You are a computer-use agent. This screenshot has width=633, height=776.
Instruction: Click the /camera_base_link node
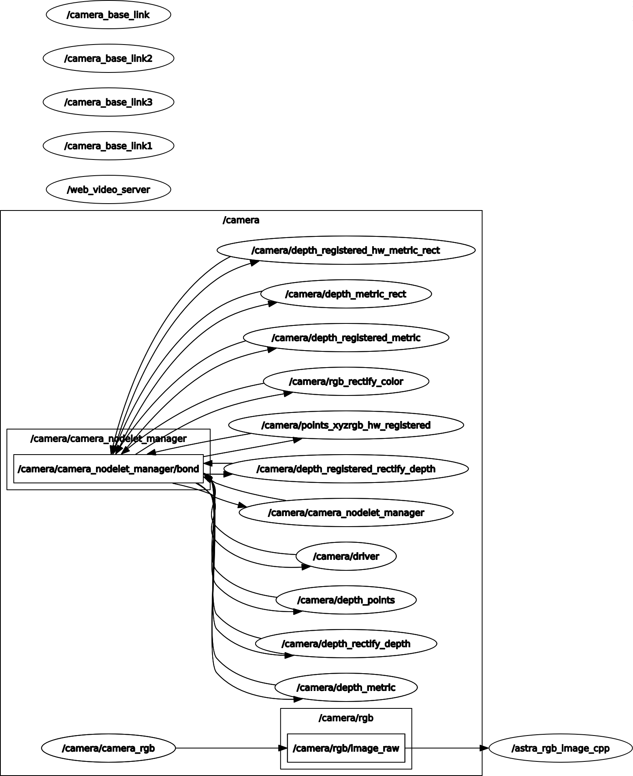(109, 15)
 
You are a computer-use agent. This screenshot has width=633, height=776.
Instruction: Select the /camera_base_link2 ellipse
(109, 58)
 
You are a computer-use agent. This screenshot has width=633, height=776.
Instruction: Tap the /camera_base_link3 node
(109, 102)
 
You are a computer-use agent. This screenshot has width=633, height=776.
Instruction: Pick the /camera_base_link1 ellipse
(109, 146)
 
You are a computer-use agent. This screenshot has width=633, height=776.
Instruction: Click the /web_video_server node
(109, 189)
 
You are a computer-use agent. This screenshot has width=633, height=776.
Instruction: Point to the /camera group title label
(241, 220)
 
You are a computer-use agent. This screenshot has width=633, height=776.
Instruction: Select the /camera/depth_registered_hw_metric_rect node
(346, 250)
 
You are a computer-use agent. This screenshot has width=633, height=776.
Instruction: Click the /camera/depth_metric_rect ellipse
(346, 294)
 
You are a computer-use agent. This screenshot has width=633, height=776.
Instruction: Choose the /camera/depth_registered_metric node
(346, 338)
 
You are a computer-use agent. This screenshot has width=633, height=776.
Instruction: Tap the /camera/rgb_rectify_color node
(346, 381)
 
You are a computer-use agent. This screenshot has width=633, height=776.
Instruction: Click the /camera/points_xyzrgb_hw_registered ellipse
(346, 425)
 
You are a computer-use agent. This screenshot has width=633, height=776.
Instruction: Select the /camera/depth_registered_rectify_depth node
(346, 469)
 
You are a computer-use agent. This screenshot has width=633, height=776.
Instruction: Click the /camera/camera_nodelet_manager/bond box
(109, 469)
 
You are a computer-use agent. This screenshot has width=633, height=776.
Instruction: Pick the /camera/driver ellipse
(346, 556)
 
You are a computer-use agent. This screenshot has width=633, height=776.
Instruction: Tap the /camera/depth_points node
(346, 600)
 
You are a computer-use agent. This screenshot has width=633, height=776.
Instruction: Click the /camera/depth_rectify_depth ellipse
(346, 644)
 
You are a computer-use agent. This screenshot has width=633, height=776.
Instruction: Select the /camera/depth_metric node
(346, 687)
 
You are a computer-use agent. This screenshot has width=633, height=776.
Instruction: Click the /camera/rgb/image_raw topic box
(346, 748)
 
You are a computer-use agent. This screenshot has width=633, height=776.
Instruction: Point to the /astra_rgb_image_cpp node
(561, 748)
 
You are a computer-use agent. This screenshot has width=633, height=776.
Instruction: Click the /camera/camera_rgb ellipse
(109, 748)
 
